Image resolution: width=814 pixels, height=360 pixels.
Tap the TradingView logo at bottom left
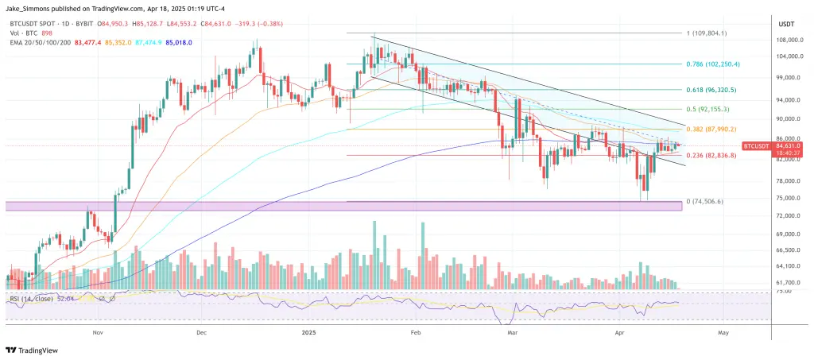tap(33, 350)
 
